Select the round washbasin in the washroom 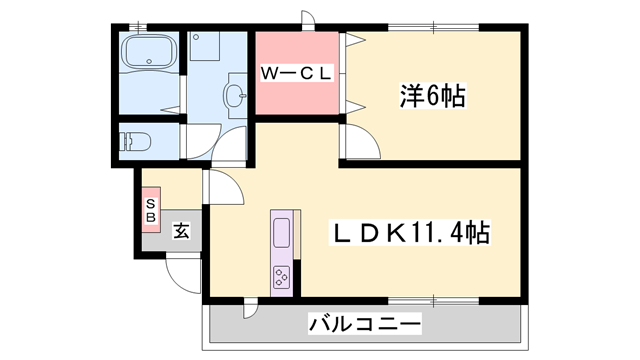pos(236,97)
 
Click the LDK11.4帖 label pos(410,234)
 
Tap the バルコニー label pos(365,325)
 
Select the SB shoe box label pos(151,211)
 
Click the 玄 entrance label pos(182,232)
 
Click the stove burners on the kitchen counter pos(281,274)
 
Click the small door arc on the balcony pos(250,309)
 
